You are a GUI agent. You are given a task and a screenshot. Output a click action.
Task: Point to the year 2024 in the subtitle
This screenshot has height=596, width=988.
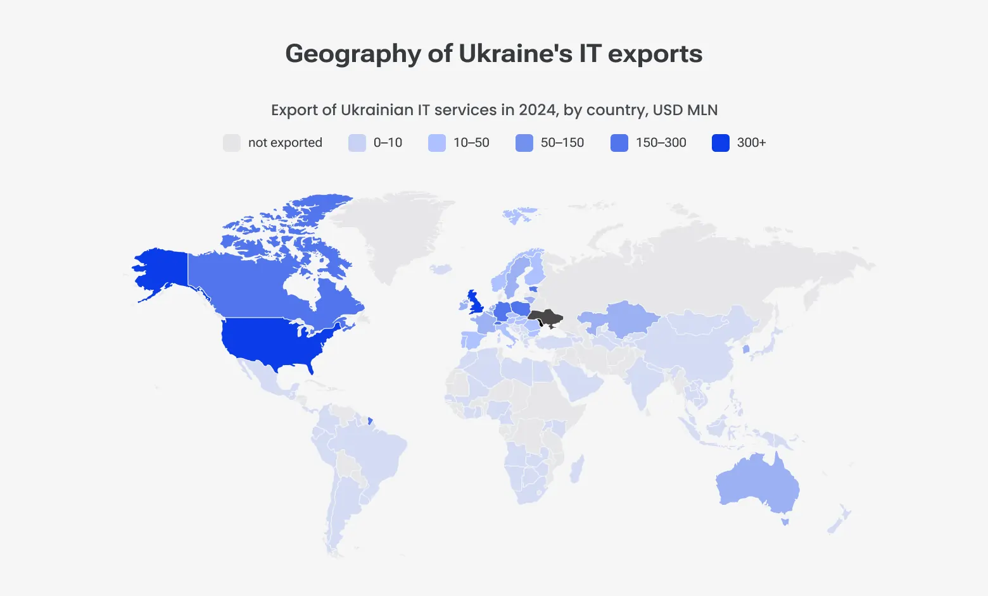(538, 110)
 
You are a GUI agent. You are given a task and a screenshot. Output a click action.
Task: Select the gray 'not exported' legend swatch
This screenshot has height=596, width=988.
(232, 143)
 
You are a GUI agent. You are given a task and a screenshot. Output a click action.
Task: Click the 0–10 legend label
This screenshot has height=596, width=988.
(388, 143)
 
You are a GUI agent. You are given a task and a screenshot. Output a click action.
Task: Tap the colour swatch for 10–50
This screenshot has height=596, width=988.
(437, 143)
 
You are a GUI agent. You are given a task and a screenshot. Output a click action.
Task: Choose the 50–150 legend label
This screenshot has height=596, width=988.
(562, 143)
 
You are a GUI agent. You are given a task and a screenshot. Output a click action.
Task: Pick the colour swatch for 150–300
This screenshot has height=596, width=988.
(619, 143)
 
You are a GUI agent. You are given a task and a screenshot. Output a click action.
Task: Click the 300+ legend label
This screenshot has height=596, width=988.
(751, 143)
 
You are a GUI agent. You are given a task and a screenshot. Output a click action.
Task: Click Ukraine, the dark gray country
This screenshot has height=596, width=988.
(545, 317)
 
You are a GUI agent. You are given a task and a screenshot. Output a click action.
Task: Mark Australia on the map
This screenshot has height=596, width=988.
(757, 484)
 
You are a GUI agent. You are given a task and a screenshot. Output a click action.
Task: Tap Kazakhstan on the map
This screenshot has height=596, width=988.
(624, 316)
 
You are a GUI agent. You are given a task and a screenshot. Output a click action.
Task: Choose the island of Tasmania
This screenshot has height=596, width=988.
(785, 522)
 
